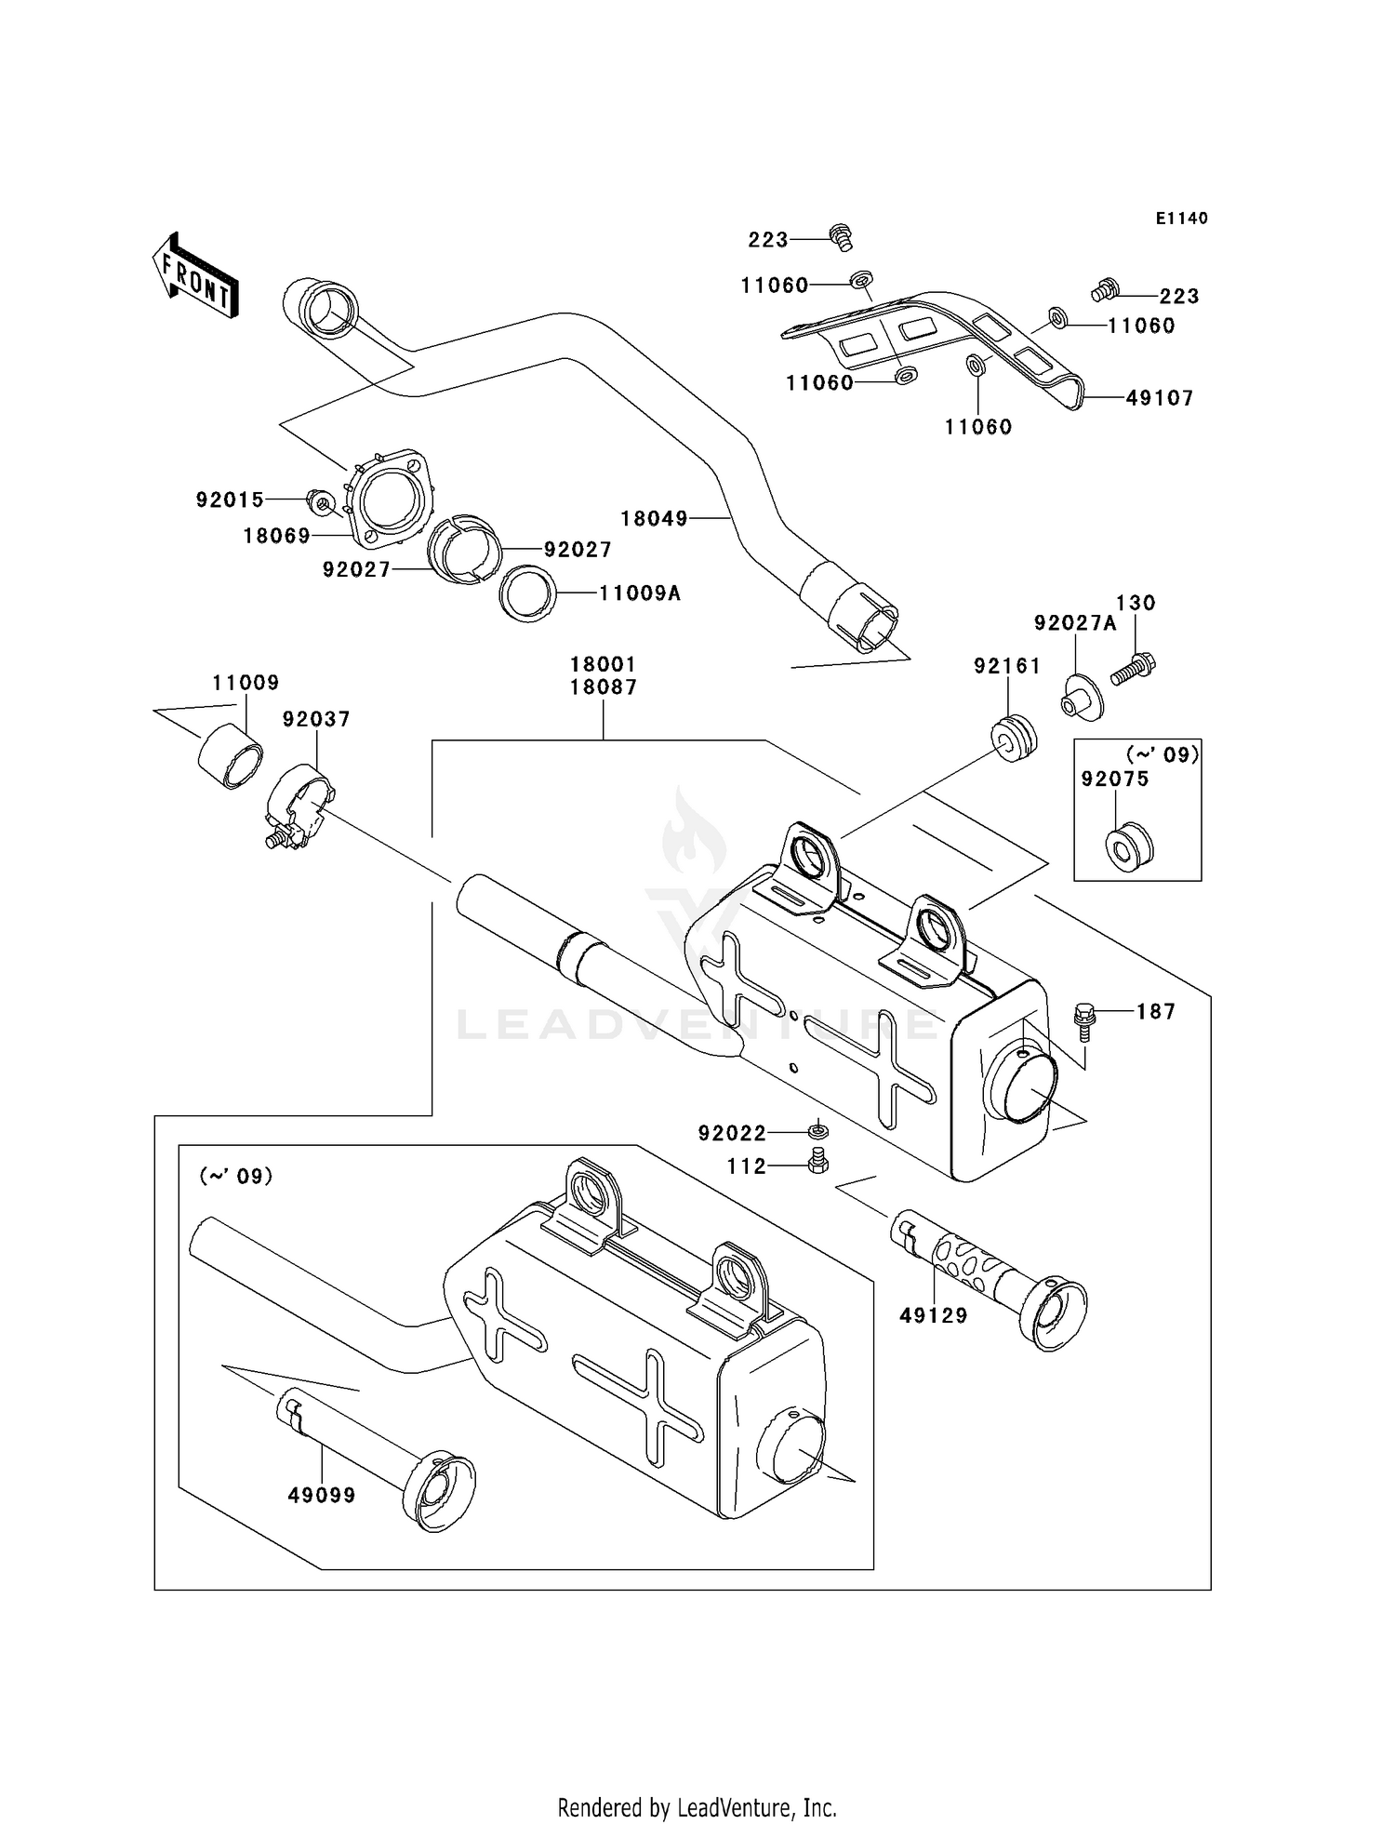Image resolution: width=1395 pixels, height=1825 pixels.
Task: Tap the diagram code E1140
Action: pos(1181,219)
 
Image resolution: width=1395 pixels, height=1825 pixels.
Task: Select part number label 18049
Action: pos(654,519)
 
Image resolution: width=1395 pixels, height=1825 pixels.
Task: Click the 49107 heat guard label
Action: pos(1159,398)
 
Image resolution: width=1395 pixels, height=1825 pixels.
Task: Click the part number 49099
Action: pos(321,1496)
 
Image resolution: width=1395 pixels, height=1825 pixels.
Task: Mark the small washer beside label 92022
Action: pos(817,1132)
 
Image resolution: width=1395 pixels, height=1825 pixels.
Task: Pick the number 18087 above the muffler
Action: pos(603,687)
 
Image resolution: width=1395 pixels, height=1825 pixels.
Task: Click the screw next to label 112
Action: pos(817,1161)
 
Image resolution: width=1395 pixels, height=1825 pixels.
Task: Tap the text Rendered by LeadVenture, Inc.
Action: pos(697,1807)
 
